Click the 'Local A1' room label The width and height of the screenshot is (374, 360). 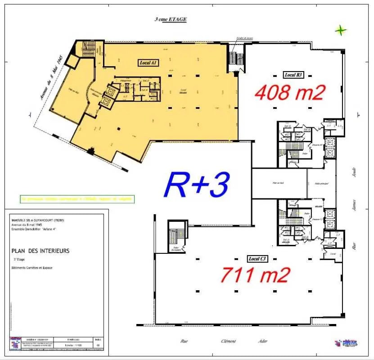[146, 63]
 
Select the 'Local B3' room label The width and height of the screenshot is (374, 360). [293, 75]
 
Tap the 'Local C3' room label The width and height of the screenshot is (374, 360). [258, 259]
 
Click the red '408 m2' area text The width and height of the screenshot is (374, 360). [290, 93]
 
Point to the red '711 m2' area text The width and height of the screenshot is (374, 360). [254, 275]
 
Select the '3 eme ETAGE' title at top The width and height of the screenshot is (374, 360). [170, 19]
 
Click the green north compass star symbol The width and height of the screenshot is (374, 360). [341, 31]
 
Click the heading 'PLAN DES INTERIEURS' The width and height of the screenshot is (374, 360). [41, 251]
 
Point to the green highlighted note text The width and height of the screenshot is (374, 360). [77, 198]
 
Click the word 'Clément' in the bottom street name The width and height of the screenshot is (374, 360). [228, 341]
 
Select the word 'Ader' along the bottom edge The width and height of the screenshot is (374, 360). [262, 341]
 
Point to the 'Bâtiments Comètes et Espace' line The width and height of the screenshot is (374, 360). [32, 268]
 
